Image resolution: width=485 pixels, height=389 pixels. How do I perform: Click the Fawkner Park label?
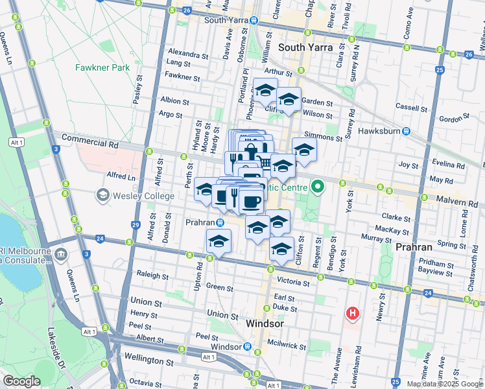[x=102, y=67]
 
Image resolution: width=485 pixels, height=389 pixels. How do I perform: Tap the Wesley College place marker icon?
[x=102, y=194]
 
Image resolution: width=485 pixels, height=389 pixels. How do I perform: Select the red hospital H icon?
[x=352, y=314]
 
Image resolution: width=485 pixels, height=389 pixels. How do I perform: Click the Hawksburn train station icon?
[x=406, y=131]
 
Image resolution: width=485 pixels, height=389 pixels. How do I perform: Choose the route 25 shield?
[x=440, y=70]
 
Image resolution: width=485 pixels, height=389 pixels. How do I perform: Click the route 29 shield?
[x=136, y=225]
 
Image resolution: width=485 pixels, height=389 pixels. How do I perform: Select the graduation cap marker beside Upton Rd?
[x=219, y=242]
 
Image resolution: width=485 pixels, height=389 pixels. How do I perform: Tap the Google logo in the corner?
[x=21, y=381]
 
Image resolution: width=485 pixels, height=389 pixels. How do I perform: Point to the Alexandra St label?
[x=187, y=52]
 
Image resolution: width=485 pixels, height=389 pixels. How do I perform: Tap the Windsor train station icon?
[x=248, y=347]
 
